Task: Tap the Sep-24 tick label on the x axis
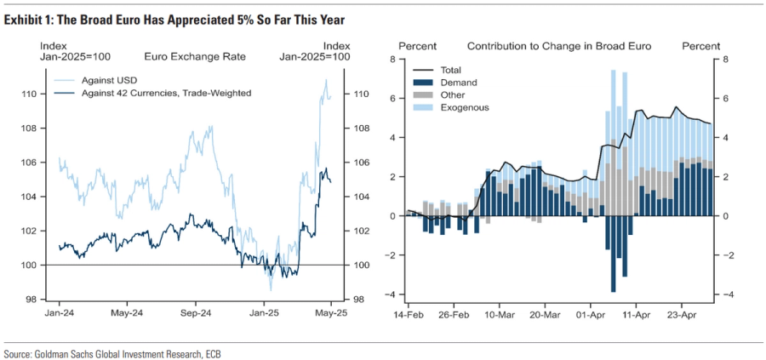click(195, 313)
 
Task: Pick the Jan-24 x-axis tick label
click(59, 313)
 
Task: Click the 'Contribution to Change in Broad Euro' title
click(558, 45)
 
